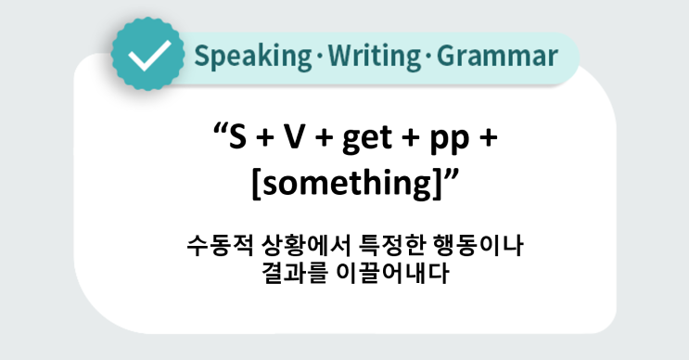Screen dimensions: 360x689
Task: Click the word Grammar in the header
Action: click(497, 57)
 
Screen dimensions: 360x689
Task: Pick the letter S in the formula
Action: click(238, 139)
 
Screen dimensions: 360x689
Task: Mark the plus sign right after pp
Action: click(485, 140)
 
